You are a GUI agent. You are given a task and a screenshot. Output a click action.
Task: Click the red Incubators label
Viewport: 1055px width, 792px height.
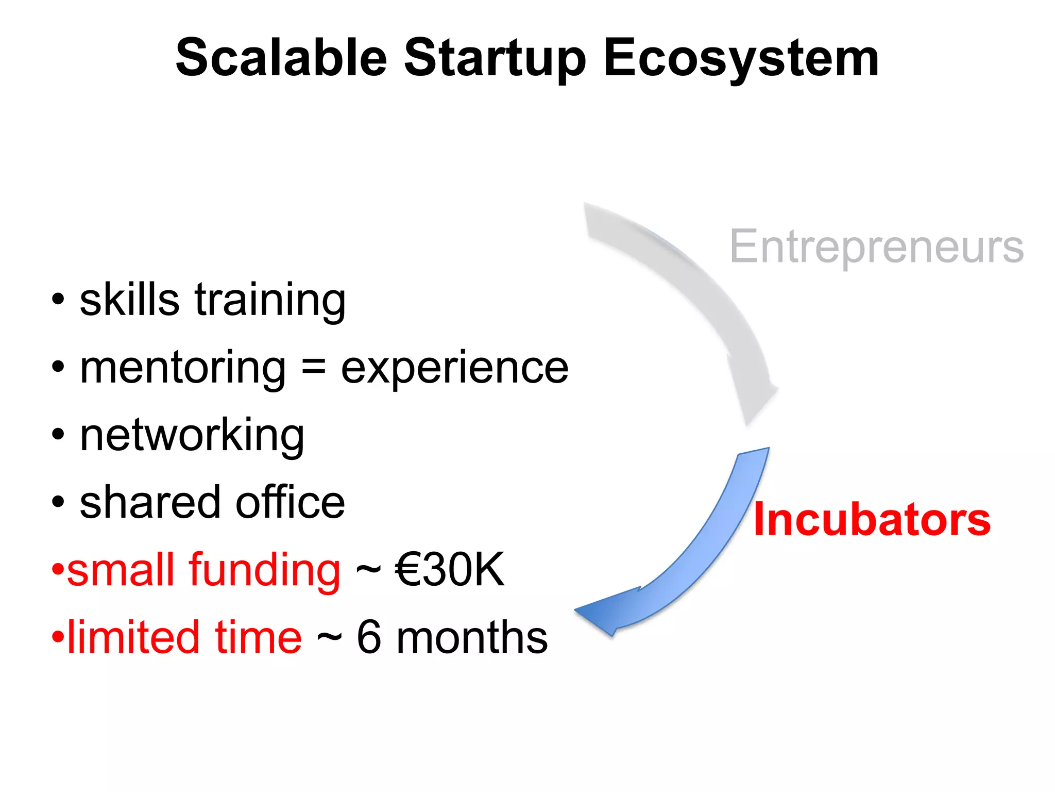point(872,520)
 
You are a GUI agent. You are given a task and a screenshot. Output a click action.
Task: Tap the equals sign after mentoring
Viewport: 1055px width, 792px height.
point(313,367)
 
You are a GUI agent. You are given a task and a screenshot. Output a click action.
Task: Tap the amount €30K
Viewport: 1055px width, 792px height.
point(449,570)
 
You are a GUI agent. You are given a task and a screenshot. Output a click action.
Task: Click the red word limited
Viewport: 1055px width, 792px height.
point(133,637)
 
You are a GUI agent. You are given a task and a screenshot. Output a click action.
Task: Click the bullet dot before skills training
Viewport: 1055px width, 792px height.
point(58,300)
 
